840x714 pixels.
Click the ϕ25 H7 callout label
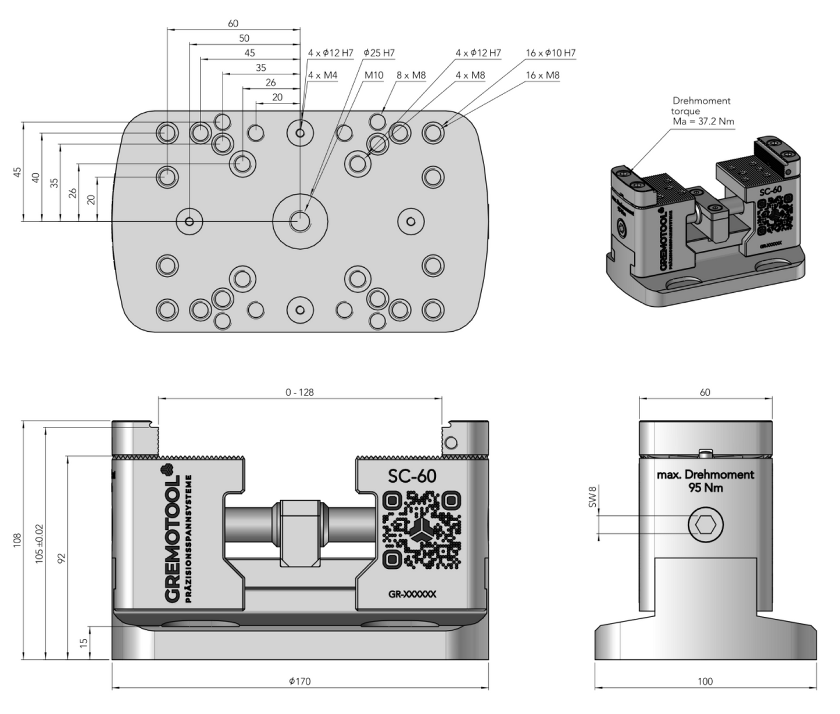pos(379,53)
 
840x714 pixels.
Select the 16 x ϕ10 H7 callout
pos(551,53)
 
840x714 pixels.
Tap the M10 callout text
pos(374,75)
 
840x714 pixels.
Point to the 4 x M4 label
pos(323,75)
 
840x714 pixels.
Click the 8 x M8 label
pos(411,75)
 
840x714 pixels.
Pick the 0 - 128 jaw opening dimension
pos(299,392)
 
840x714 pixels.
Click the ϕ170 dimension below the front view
pos(299,681)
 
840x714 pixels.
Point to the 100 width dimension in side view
pos(705,681)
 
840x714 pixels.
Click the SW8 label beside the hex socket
pos(592,497)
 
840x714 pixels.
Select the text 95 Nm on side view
pos(705,487)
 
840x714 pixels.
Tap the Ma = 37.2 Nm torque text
pos(703,121)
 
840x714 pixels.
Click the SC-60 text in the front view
pos(412,476)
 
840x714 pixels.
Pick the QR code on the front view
pos(423,530)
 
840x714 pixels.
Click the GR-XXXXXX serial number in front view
pos(412,594)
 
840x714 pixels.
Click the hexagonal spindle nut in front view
pos(299,533)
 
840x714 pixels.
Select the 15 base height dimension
pos(84,643)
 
